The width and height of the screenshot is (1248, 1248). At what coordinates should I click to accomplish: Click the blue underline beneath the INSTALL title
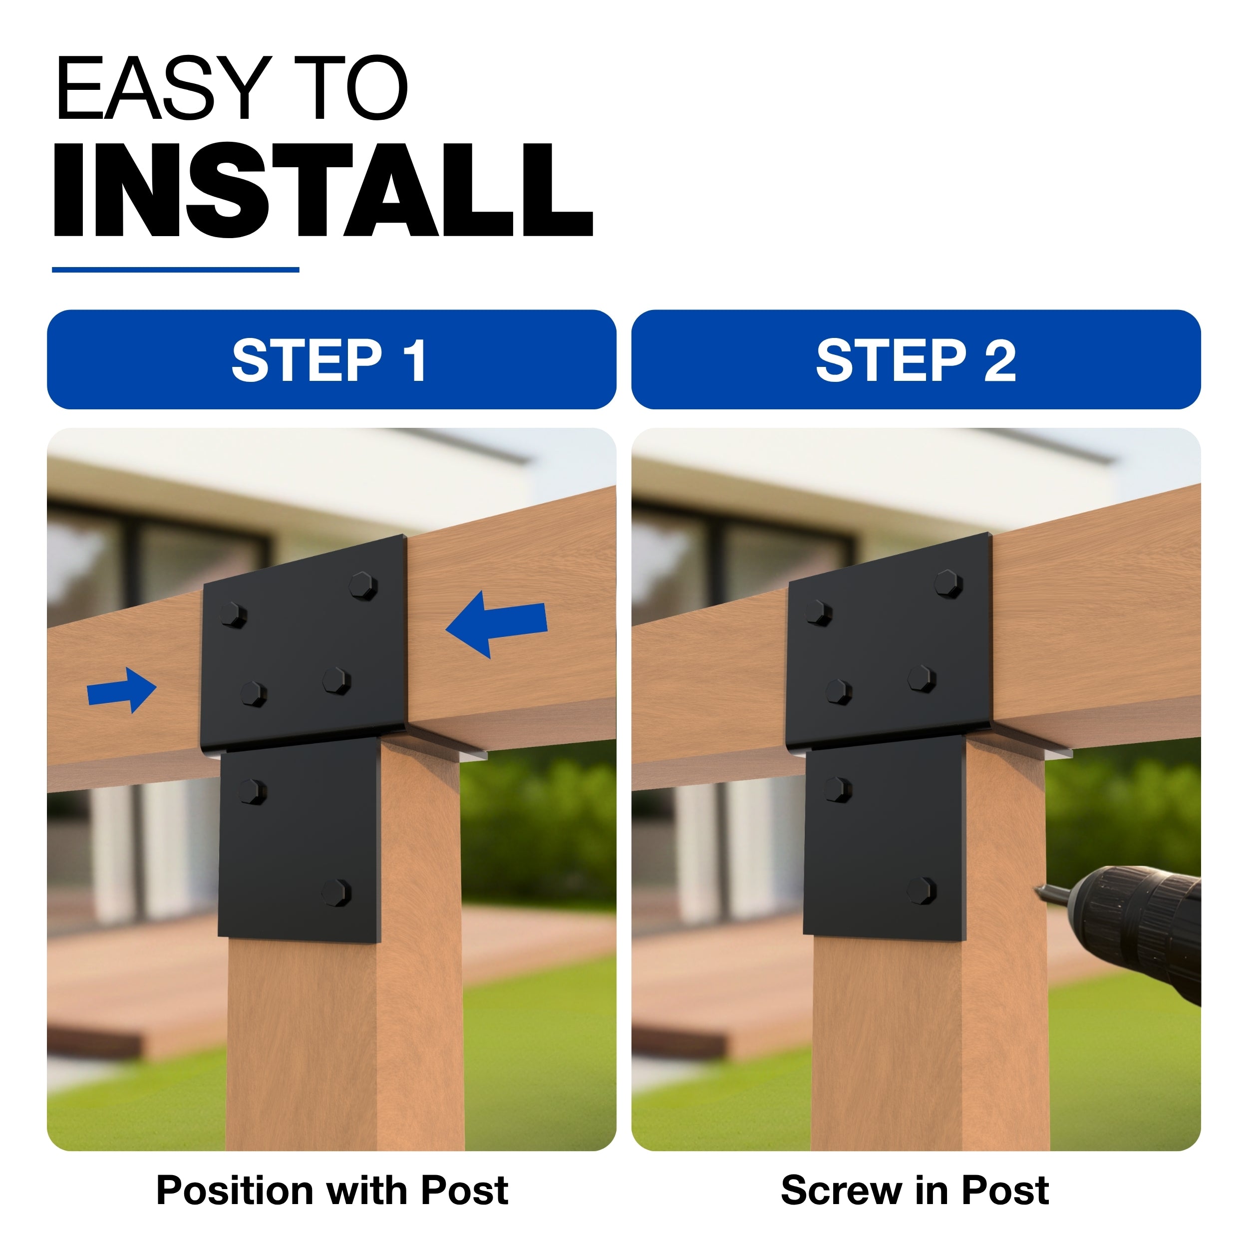coord(175,270)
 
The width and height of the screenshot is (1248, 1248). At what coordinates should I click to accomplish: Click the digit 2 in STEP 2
coord(1000,360)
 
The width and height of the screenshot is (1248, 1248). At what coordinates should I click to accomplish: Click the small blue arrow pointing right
coord(121,690)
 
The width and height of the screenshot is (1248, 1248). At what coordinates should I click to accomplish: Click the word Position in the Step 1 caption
coord(237,1191)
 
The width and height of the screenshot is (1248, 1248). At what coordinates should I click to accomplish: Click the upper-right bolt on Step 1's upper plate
coord(364,585)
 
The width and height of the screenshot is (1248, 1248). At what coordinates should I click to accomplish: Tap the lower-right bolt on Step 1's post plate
coord(336,892)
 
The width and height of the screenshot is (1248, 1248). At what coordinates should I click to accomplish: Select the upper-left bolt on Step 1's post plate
coord(252,791)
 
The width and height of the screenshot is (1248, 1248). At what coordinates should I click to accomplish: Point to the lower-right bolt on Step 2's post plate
coord(921,890)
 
